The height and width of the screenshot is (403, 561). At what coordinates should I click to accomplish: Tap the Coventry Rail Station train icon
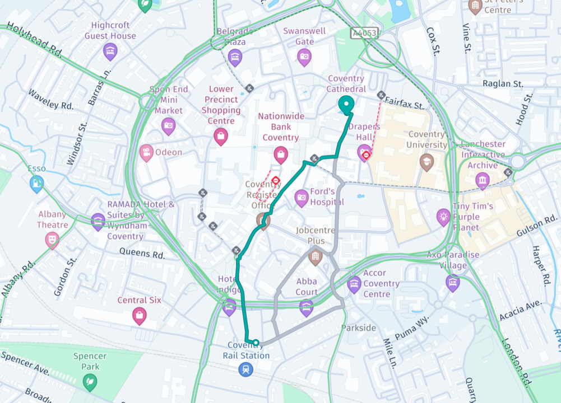click(x=245, y=369)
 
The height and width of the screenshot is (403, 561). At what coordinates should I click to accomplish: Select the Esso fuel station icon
click(x=36, y=183)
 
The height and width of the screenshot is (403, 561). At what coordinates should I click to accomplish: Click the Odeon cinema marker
click(x=146, y=152)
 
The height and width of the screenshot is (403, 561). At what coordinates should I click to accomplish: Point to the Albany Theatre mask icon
click(x=52, y=240)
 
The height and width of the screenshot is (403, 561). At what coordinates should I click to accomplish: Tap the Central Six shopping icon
click(x=139, y=315)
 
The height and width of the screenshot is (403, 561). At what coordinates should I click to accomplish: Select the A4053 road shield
click(x=365, y=34)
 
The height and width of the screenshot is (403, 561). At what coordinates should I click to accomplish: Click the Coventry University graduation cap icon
click(x=427, y=162)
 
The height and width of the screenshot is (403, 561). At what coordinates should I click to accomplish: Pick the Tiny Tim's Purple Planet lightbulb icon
click(x=444, y=216)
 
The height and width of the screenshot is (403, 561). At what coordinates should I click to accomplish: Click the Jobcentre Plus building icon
click(x=316, y=257)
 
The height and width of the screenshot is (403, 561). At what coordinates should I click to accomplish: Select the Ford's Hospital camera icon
click(x=302, y=197)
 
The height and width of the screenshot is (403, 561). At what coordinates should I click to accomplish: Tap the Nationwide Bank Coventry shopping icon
click(x=281, y=154)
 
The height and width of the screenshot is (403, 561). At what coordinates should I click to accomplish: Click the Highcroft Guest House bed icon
click(x=110, y=51)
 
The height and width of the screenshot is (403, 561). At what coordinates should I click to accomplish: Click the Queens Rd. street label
click(x=142, y=254)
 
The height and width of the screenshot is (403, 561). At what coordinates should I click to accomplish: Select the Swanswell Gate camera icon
click(x=304, y=56)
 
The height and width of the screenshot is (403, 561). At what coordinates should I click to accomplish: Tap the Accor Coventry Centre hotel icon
click(x=354, y=284)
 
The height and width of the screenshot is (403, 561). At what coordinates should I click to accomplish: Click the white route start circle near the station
click(x=256, y=343)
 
